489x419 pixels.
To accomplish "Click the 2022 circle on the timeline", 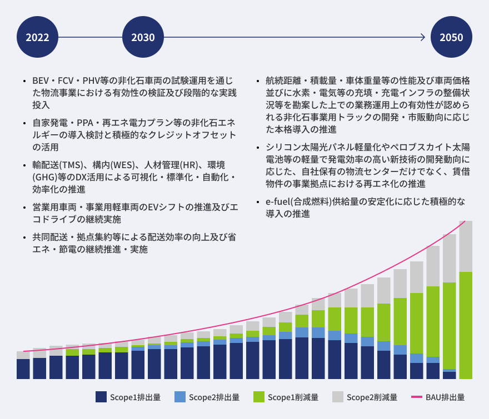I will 37,38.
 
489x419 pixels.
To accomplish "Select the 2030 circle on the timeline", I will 143,38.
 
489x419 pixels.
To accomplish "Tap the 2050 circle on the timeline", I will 451,38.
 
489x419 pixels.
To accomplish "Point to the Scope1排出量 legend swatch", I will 101,397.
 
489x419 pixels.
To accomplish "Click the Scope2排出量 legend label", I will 214,397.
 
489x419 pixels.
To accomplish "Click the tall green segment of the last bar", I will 466,325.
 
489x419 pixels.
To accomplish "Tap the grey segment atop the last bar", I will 466,246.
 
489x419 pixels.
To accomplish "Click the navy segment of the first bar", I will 23,369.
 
